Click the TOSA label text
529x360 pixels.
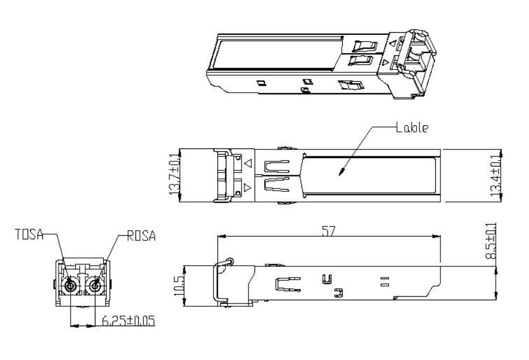point(29,234)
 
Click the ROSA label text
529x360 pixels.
point(141,236)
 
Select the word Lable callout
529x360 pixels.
point(412,128)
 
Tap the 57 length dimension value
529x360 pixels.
point(329,231)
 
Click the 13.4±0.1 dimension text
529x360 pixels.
point(495,175)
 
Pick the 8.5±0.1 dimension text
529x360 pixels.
point(491,241)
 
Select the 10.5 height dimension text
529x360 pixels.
point(178,286)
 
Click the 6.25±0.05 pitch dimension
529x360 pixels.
point(129,321)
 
